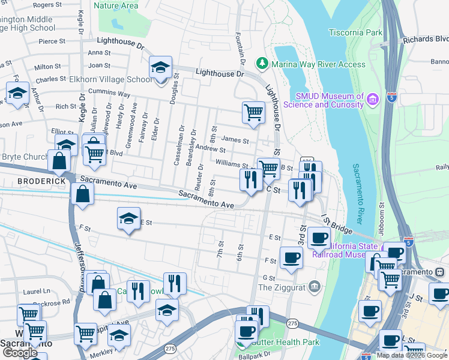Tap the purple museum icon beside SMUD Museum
(x=373, y=98)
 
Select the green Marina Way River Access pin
(x=262, y=63)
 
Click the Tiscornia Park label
(x=356, y=32)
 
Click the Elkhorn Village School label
(x=111, y=79)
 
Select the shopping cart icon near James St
(x=254, y=112)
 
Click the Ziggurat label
(x=282, y=287)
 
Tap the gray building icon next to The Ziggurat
(x=314, y=287)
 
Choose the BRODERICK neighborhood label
(x=41, y=181)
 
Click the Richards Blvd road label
(x=426, y=40)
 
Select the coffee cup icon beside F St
(x=292, y=258)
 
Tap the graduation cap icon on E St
(x=128, y=219)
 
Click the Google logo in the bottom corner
(x=20, y=352)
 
